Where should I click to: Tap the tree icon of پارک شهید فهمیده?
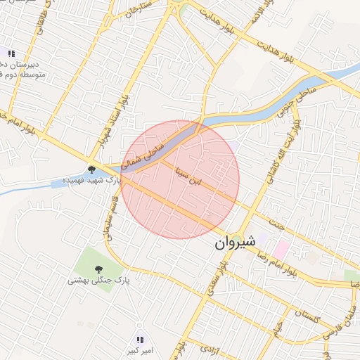91,169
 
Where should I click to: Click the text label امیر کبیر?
138,350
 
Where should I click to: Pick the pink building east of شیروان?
282,248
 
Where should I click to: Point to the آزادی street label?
210,347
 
